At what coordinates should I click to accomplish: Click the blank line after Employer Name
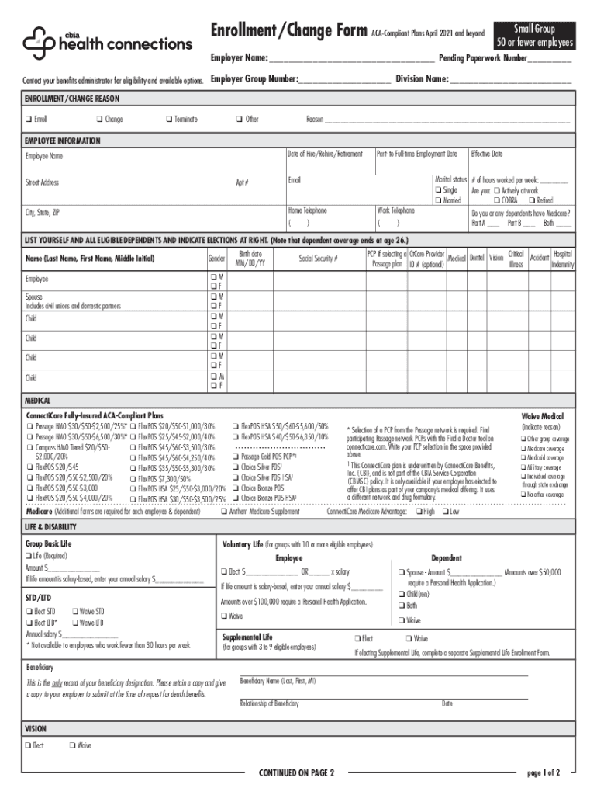click(x=351, y=59)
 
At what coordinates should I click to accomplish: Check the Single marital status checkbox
click(x=439, y=190)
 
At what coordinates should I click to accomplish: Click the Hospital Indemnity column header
click(x=562, y=259)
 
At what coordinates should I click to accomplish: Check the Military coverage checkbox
click(x=525, y=468)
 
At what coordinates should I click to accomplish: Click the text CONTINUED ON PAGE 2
click(x=296, y=773)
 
